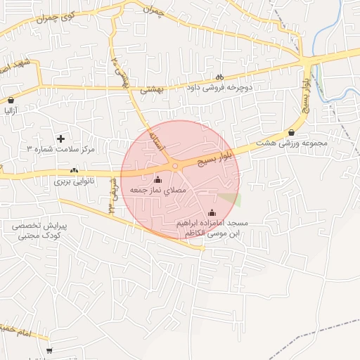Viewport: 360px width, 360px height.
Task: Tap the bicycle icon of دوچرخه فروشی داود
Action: tap(219, 77)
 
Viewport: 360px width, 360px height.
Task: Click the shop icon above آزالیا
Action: tap(11, 100)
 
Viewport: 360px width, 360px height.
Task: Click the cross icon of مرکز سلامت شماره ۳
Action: tap(60, 139)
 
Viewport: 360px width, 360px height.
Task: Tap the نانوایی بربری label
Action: tap(74, 181)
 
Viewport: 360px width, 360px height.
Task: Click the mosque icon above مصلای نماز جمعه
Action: tap(156, 179)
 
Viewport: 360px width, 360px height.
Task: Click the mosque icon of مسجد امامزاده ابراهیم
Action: tap(212, 212)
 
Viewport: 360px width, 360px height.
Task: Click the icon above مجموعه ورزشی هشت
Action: tap(291, 132)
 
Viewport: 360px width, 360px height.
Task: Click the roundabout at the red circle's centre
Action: tap(175, 166)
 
